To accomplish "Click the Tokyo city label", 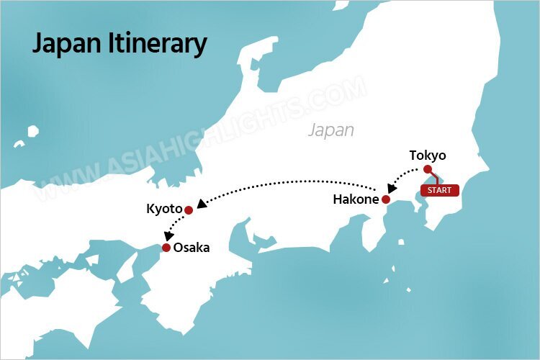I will pyautogui.click(x=428, y=156).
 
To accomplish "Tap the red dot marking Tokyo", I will pyautogui.click(x=428, y=170).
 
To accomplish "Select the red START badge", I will pyautogui.click(x=439, y=192).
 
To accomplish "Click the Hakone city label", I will pyautogui.click(x=356, y=199).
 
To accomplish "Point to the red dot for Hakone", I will pyautogui.click(x=386, y=199).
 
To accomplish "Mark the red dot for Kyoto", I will pyautogui.click(x=189, y=210).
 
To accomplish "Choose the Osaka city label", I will pyautogui.click(x=192, y=248).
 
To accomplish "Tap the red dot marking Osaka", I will pyautogui.click(x=166, y=248).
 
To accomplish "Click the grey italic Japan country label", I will pyautogui.click(x=331, y=130).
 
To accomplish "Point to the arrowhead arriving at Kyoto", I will pyautogui.click(x=202, y=204).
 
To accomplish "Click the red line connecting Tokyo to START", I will pyautogui.click(x=433, y=178).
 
